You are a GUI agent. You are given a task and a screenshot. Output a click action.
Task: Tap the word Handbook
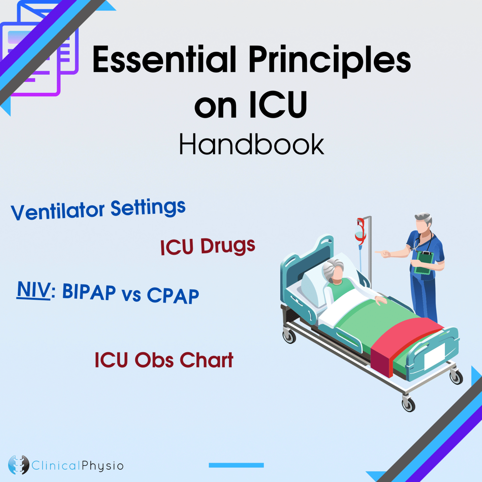pos(251,144)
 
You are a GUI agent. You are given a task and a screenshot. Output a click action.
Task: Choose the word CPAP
pos(173,296)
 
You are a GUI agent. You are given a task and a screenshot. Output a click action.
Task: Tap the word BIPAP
pos(89,292)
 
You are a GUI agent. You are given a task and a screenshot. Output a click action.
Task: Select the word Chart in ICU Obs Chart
pos(206,360)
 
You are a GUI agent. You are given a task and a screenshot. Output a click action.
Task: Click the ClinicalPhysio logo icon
pos(19,465)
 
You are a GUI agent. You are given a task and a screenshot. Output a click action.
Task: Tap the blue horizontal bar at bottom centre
pos(236,465)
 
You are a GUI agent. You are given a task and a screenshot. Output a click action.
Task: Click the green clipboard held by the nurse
pos(423,262)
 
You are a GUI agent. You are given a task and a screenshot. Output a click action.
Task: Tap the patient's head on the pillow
pos(334,270)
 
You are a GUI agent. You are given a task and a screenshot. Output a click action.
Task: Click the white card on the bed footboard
pos(435,356)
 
